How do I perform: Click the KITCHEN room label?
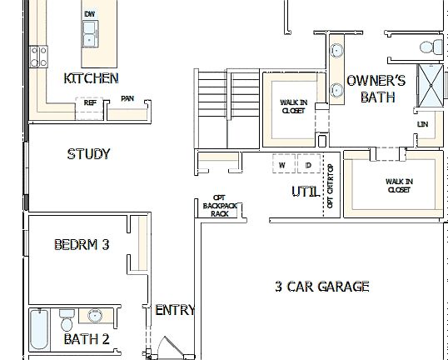[x=91, y=78]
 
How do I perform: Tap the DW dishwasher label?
[x=89, y=14]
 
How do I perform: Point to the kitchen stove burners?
[x=38, y=56]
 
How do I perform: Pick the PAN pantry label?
[x=127, y=98]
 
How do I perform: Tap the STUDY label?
[x=88, y=154]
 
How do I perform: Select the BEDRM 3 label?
[x=82, y=245]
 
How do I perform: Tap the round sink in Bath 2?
[x=96, y=316]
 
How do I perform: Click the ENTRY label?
[x=175, y=310]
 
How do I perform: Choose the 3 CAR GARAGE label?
[x=321, y=287]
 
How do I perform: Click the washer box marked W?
[x=282, y=165]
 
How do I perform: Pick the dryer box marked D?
[x=307, y=165]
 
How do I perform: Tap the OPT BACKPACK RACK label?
[x=219, y=205]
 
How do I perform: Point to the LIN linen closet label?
[x=422, y=125]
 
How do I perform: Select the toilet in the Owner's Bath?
[x=429, y=47]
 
